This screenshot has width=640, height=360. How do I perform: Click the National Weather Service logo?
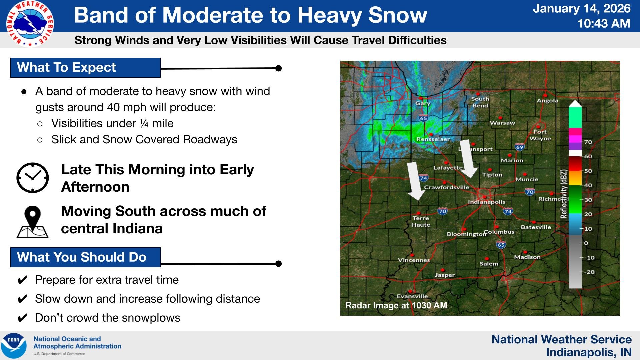pos(30,24)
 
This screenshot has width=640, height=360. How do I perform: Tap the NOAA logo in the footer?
pos(14,346)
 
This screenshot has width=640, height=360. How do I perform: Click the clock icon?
pos(32,178)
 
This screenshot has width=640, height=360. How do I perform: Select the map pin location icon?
pos(32,221)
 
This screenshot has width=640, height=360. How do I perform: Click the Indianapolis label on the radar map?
pos(486,202)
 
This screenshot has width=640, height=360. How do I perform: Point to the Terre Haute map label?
pos(421,221)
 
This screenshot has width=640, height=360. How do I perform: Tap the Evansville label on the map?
pos(412,296)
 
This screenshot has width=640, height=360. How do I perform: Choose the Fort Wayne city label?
pos(540,135)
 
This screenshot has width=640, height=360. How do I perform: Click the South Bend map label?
pos(480,102)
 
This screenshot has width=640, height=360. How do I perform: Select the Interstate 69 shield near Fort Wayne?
pos(519,147)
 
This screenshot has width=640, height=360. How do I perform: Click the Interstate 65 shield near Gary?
pos(423,118)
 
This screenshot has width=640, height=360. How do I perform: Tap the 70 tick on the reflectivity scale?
pos(588,142)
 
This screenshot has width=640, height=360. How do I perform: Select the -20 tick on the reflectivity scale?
pos(590,272)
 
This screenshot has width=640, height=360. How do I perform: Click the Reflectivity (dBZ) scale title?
pos(564,194)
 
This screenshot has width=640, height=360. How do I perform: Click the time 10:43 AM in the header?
pos(604,23)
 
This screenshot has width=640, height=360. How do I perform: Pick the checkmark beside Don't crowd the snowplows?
pos(22,318)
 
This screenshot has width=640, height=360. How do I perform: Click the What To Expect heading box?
pos(85,68)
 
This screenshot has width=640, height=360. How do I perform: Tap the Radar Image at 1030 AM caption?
pos(396,305)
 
